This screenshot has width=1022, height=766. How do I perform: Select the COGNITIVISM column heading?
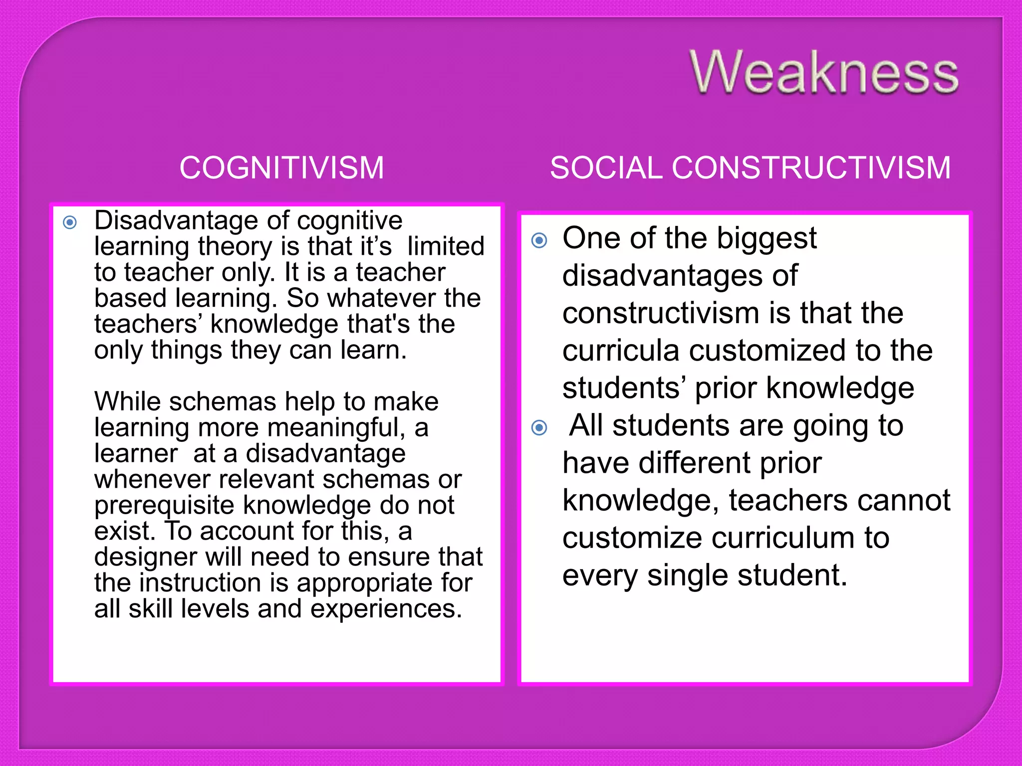tap(281, 168)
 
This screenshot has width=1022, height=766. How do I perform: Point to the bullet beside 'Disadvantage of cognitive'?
tap(70, 222)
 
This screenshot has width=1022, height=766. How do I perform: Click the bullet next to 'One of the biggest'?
tap(539, 241)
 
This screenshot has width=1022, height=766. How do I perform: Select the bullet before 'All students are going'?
tap(539, 427)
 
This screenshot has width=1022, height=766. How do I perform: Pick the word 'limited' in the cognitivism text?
tap(446, 246)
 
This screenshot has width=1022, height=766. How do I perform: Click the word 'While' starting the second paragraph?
tap(128, 401)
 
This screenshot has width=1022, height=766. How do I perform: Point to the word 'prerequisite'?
tap(165, 506)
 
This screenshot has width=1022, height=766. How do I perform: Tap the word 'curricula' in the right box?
tap(621, 351)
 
